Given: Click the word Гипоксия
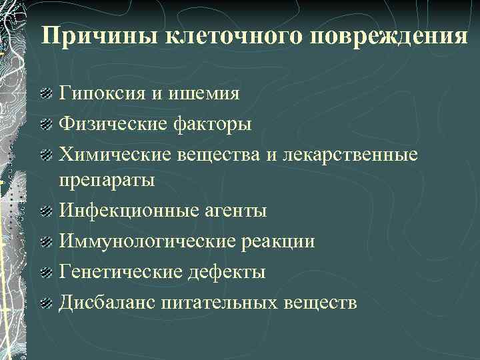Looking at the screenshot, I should (101, 93).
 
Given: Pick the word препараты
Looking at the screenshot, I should (107, 180).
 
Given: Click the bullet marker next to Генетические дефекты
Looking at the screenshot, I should (45, 273).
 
